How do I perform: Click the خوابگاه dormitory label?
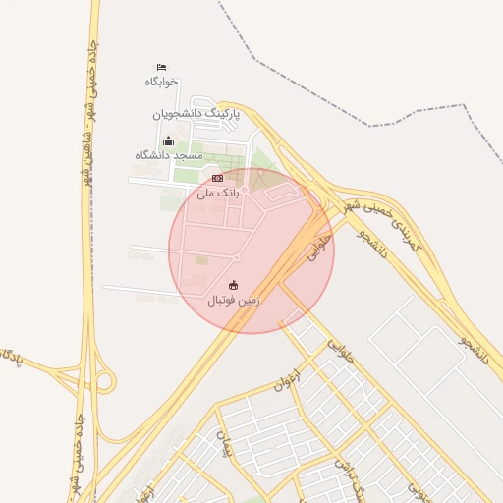coord(161,82)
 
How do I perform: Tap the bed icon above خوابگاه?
coord(161,66)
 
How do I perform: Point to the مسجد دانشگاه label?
coord(169,155)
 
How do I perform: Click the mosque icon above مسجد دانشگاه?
coord(168,140)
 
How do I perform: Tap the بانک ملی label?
coord(217,194)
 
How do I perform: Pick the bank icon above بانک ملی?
coord(217,178)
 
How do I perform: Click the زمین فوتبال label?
coord(234,301)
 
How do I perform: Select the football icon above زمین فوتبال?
coord(233,285)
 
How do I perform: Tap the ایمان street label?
coord(225,447)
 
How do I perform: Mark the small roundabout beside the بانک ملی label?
coord(245,190)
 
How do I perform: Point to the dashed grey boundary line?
coord(324,98)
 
